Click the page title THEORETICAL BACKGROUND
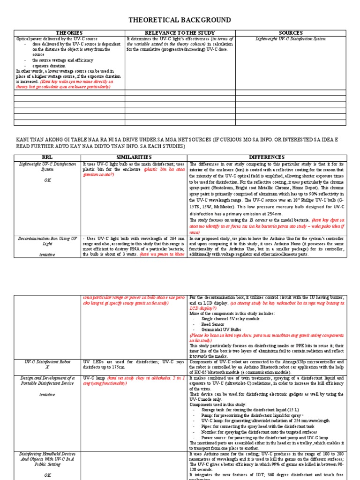pyautogui.click(x=180, y=20)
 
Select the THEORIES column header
pyautogui.click(x=69, y=33)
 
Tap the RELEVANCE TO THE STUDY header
pyautogui.click(x=180, y=33)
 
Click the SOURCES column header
pyautogui.click(x=291, y=33)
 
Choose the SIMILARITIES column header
pyautogui.click(x=135, y=156)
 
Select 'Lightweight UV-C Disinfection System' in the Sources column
pyautogui.click(x=291, y=39)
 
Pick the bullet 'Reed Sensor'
pyautogui.click(x=214, y=324)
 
